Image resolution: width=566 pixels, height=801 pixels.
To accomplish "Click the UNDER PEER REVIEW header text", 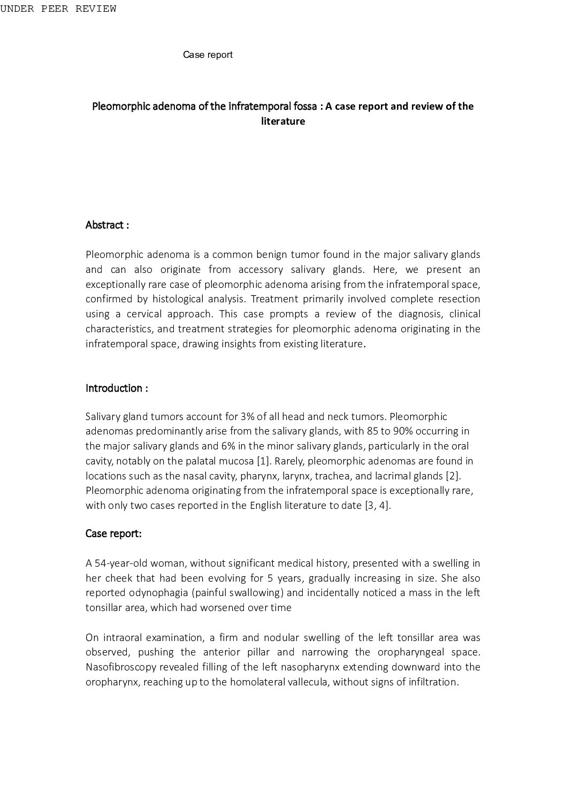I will coord(58,9).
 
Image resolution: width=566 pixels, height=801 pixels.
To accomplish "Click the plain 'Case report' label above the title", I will coord(208,55).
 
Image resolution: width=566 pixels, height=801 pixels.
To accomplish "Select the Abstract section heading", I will coord(107,225).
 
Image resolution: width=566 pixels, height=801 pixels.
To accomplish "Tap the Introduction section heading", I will coord(117,388).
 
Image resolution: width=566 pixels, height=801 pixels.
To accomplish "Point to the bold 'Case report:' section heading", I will coord(113,534).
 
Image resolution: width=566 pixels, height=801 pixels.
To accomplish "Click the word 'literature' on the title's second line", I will coord(283,121).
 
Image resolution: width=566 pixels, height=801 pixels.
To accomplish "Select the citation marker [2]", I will coord(453,476).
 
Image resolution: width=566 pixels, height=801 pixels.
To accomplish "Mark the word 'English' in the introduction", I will coord(265,506).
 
